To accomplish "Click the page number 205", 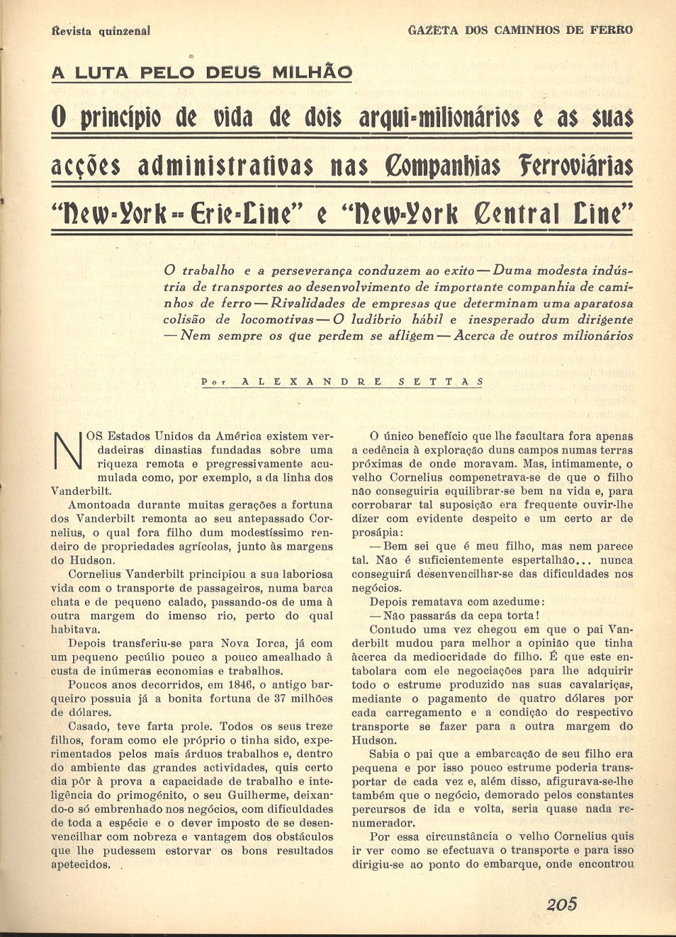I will click(x=561, y=904).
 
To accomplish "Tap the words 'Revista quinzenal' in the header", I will click(x=101, y=30).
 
